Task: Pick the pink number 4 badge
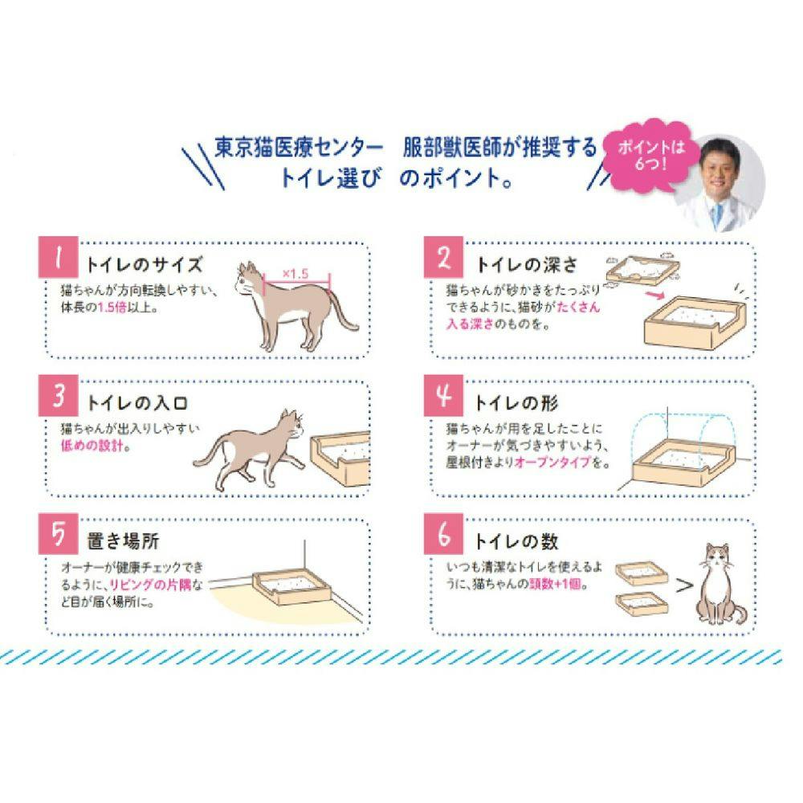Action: [x=446, y=397]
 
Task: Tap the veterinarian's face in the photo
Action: [x=716, y=167]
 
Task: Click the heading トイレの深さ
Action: [x=527, y=264]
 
